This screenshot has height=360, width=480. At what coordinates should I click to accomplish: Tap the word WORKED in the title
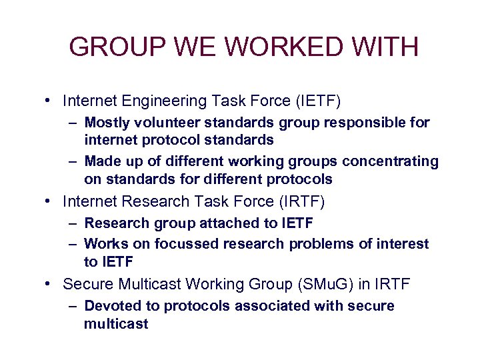(x=267, y=47)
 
